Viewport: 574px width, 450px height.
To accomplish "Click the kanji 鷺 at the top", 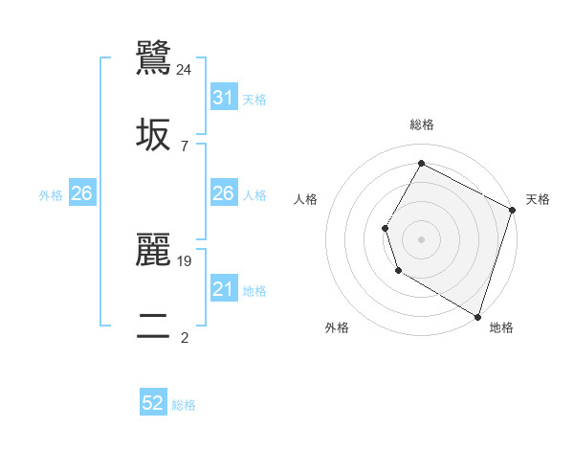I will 154,59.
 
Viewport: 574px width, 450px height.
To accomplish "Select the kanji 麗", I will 154,251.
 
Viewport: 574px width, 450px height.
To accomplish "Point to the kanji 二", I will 154,326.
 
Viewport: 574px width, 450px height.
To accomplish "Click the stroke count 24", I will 185,69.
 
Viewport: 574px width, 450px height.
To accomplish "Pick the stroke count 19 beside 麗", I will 185,260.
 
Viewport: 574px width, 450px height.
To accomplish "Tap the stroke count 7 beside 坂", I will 185,146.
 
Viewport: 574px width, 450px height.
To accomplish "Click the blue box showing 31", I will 224,97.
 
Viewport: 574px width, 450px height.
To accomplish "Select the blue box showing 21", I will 224,289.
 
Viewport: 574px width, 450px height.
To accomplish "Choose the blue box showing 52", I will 153,403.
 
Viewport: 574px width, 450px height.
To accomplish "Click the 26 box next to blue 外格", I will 81,193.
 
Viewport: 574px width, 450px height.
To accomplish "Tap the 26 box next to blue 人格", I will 224,193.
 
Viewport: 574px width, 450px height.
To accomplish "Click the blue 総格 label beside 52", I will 184,405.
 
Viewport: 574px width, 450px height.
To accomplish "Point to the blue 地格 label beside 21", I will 254,290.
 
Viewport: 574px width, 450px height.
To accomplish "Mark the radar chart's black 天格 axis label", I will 538,199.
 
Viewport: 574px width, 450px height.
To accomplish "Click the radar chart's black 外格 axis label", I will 337,327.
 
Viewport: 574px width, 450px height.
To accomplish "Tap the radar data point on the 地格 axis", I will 477,315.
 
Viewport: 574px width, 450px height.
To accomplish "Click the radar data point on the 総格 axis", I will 421,164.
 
